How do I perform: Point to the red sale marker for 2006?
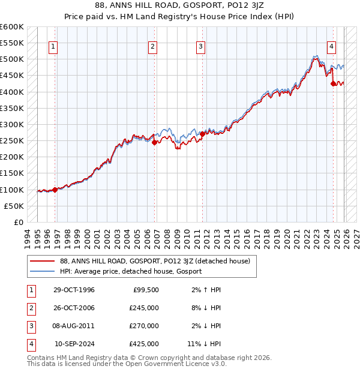(154, 143)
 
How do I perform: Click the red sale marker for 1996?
(55, 190)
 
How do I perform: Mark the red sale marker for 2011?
(202, 134)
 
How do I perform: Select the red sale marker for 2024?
(333, 84)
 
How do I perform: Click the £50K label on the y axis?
(14, 206)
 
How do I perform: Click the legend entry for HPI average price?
(130, 271)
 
